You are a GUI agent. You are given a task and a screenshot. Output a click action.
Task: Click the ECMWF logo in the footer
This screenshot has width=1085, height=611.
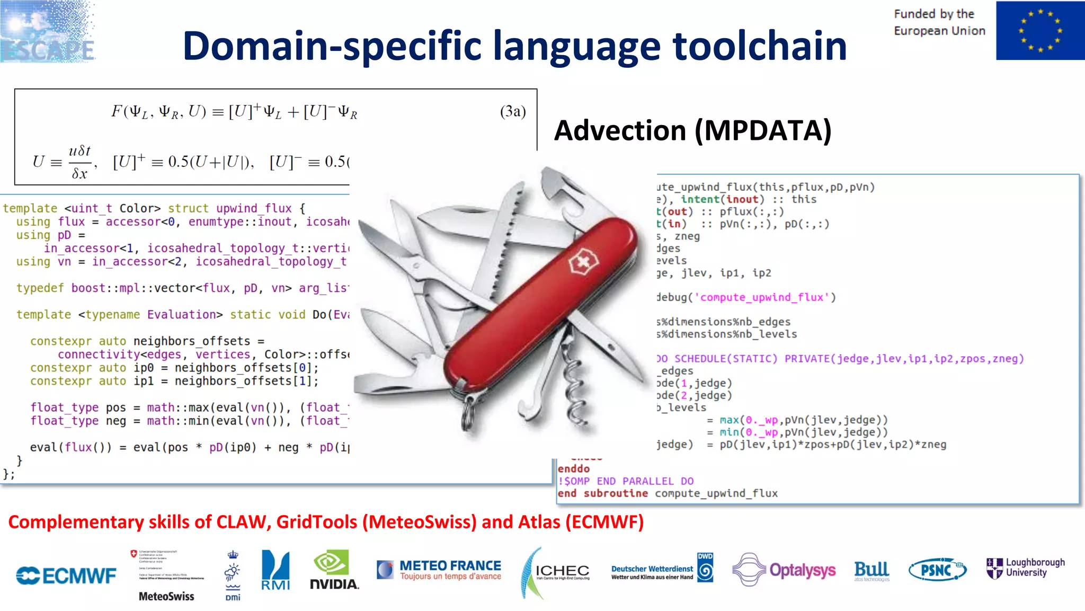pos(66,575)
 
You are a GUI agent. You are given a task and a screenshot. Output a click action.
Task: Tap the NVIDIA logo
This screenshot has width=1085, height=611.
pos(334,570)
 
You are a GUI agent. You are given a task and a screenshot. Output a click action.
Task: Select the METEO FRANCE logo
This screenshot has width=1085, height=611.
pos(439,570)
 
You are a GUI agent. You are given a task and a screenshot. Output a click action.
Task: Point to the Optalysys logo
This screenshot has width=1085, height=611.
pos(784,570)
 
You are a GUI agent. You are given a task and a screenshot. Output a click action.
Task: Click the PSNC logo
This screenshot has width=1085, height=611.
pos(937,570)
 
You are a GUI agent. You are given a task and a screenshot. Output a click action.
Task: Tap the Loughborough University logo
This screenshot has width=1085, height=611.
pos(1025,568)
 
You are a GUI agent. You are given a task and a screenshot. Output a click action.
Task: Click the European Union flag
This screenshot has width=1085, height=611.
pos(1039,30)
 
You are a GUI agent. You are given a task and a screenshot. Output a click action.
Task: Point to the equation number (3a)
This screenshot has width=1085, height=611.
pos(512,111)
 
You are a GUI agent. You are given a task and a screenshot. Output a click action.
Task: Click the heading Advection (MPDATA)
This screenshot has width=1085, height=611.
pos(693,130)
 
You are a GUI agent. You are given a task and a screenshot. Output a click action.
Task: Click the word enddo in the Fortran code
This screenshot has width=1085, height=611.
pos(573,469)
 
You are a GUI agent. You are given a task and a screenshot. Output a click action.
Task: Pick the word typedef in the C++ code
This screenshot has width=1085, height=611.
pos(40,288)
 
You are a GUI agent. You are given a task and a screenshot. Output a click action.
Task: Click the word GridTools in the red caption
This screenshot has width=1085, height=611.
pos(317,523)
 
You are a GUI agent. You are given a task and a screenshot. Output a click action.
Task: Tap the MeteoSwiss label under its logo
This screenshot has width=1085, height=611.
pos(166,597)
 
